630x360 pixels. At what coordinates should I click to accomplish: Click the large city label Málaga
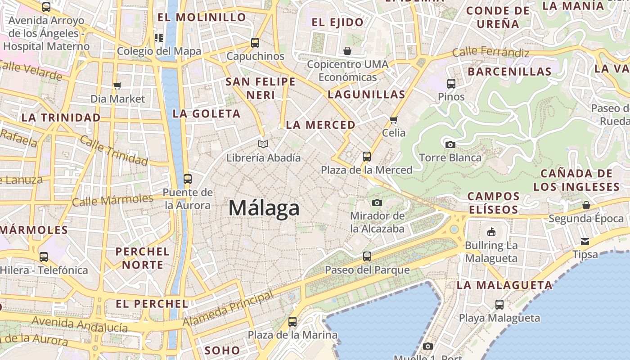(264, 208)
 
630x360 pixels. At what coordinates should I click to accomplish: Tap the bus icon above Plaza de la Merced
(367, 157)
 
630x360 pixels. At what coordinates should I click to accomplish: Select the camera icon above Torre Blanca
(450, 144)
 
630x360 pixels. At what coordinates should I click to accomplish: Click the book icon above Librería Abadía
(263, 144)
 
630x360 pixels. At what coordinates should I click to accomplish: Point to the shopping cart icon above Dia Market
(117, 85)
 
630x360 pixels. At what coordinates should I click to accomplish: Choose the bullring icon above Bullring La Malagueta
(491, 232)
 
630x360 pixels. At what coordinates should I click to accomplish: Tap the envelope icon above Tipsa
(585, 242)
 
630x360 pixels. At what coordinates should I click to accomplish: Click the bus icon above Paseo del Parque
(367, 256)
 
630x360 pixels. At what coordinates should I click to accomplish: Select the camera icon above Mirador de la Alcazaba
(377, 202)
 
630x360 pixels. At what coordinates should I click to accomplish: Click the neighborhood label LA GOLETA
(207, 114)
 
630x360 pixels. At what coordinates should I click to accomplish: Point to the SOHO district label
(222, 350)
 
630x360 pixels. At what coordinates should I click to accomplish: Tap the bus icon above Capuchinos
(255, 43)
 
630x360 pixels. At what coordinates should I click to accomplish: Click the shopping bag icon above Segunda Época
(586, 205)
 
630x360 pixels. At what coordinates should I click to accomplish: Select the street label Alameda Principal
(228, 309)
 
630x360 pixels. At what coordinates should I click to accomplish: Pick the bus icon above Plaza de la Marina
(292, 322)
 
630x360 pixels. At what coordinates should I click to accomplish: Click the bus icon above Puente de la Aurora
(188, 179)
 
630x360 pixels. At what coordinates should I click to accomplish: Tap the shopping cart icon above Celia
(394, 120)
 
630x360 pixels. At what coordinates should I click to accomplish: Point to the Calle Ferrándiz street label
(490, 52)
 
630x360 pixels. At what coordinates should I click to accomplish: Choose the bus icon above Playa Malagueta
(499, 305)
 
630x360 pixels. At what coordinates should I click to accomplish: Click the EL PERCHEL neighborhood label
(152, 304)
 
